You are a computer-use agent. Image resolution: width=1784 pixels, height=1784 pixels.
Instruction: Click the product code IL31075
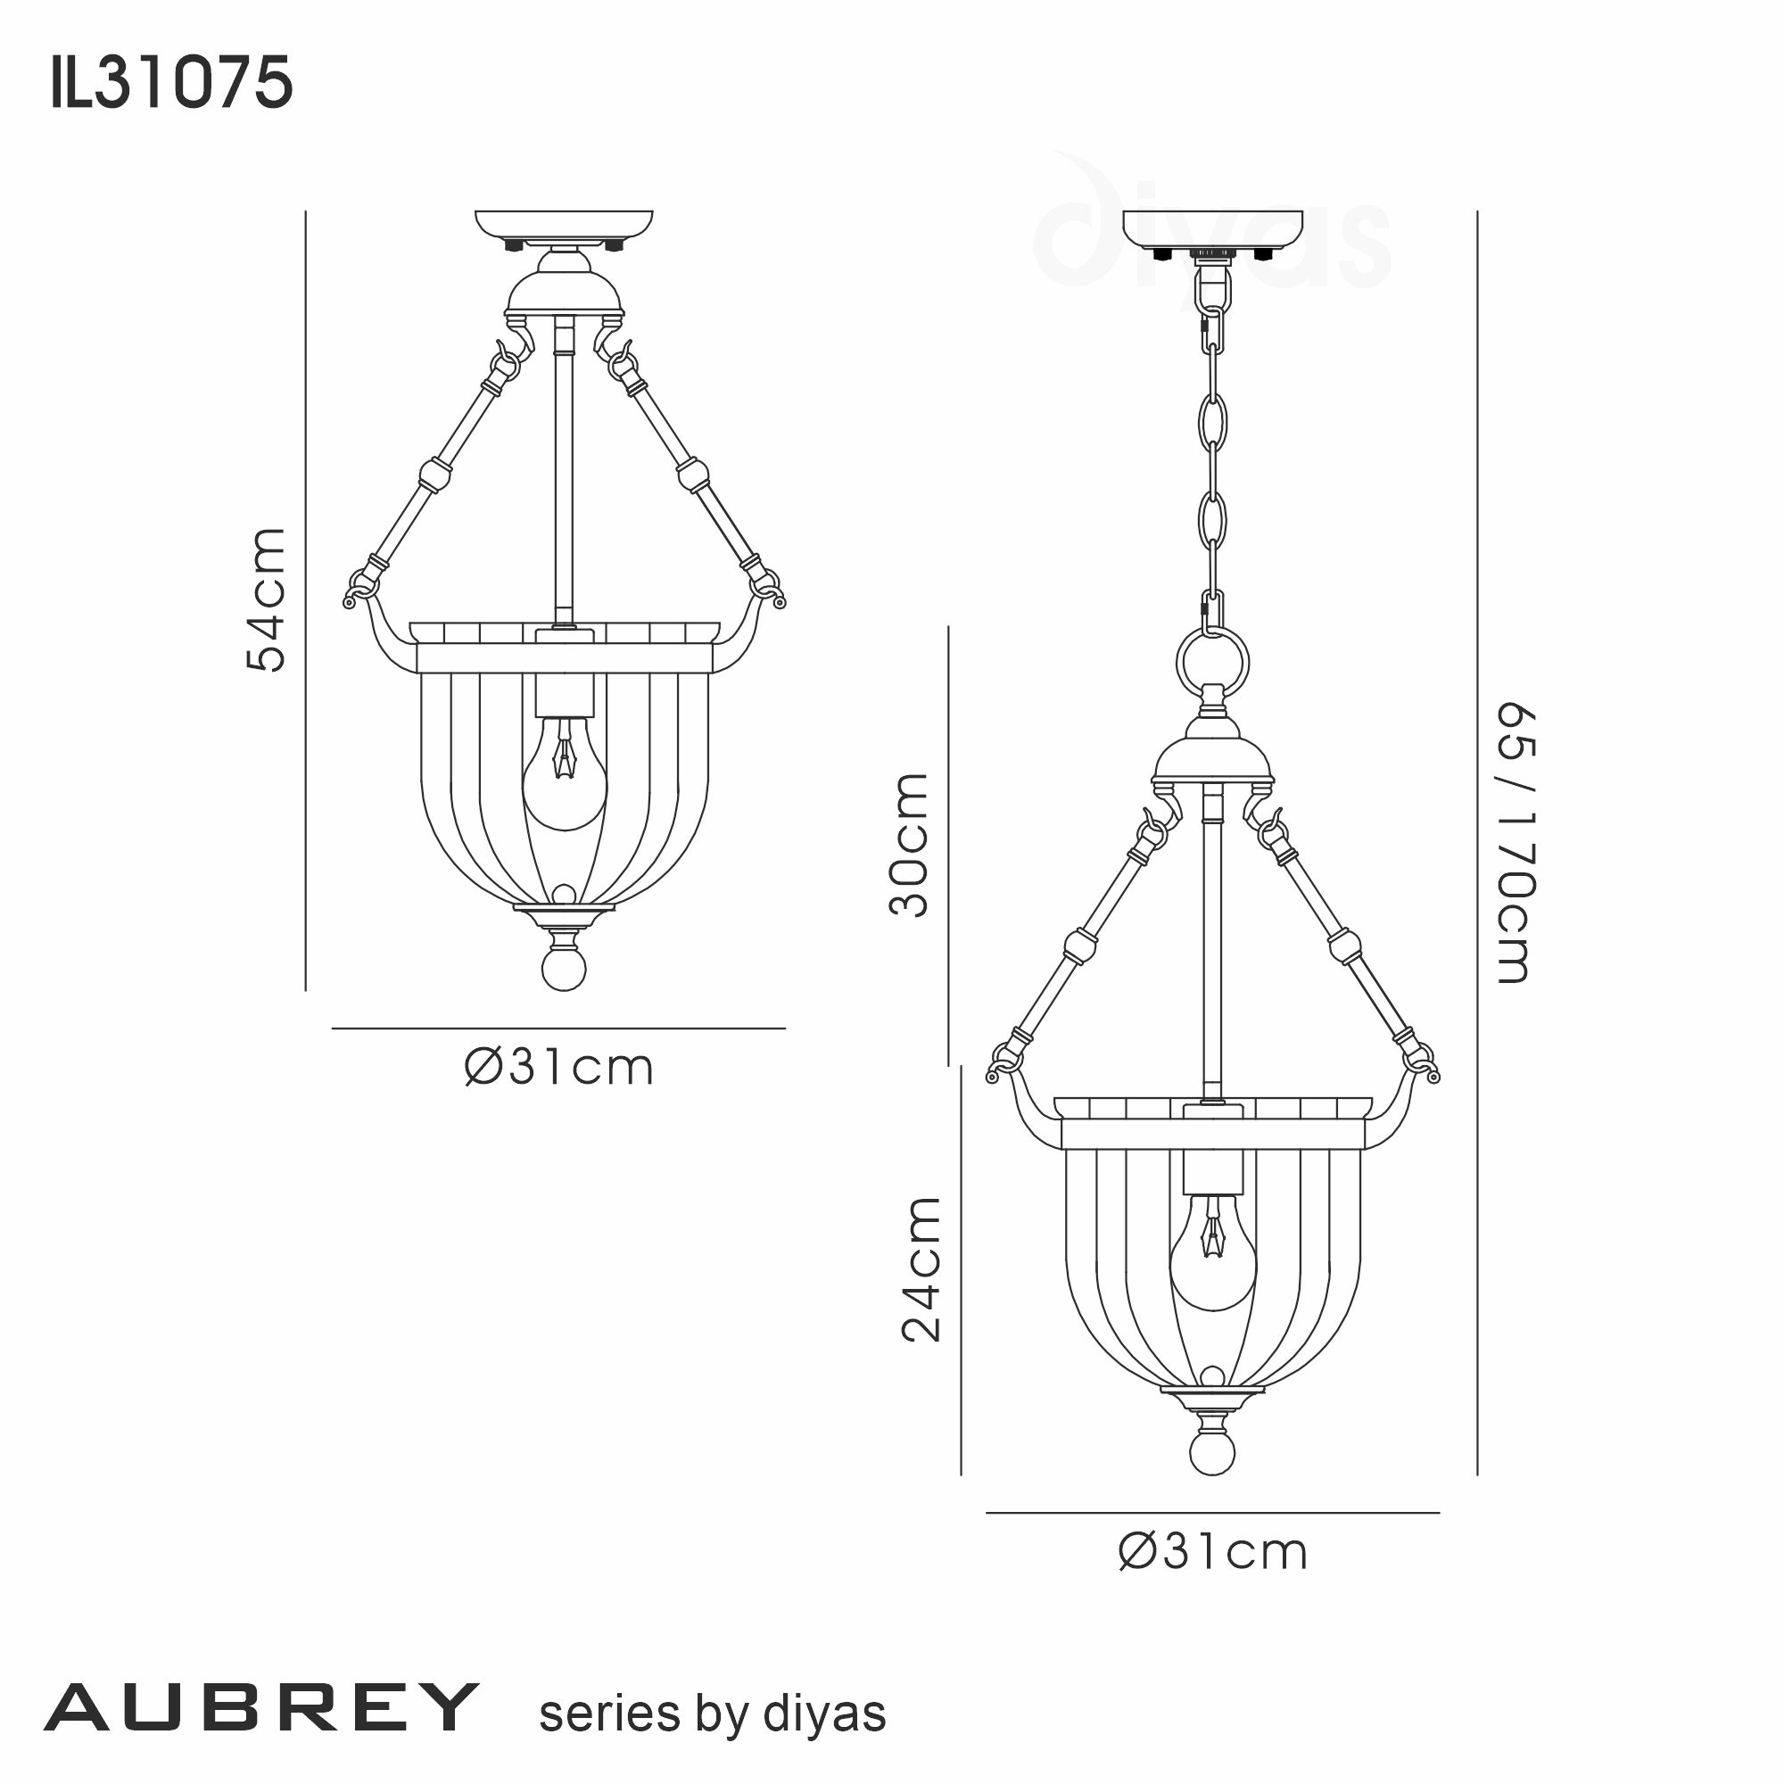pos(172,83)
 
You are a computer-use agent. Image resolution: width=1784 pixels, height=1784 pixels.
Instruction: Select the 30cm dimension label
pos(909,845)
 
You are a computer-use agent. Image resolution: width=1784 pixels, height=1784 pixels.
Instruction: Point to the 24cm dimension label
pos(921,1268)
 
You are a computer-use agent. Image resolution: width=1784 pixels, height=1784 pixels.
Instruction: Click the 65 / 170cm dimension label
pos(1515,844)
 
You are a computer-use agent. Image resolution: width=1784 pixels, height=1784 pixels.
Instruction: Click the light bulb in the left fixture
pos(565,777)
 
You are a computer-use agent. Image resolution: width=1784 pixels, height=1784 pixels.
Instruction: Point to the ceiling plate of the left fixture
pos(565,225)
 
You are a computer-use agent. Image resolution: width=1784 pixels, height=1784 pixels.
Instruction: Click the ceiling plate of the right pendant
pos(1212,225)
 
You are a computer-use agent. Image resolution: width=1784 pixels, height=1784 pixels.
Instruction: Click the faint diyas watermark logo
pos(1210,231)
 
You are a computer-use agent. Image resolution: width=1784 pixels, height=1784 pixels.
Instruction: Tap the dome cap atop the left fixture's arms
pos(565,291)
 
